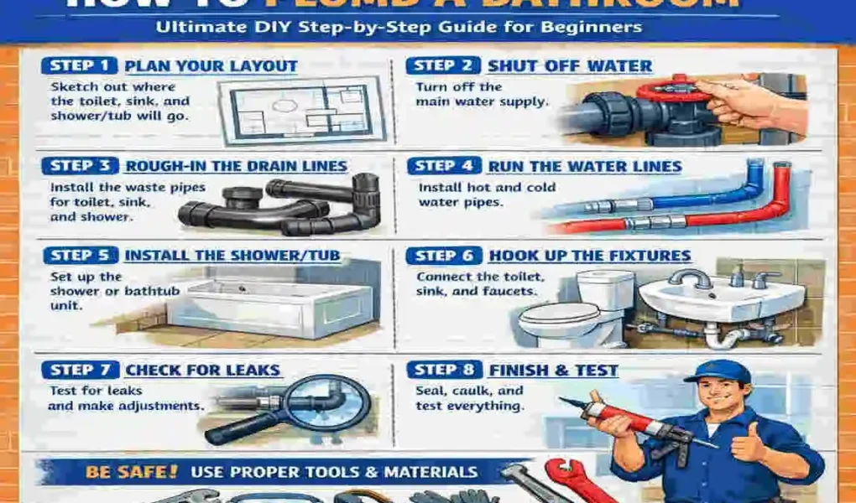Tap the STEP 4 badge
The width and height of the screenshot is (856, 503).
tap(445, 166)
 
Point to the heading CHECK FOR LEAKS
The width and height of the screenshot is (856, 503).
tap(202, 369)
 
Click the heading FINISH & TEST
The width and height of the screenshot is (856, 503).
tap(552, 369)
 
